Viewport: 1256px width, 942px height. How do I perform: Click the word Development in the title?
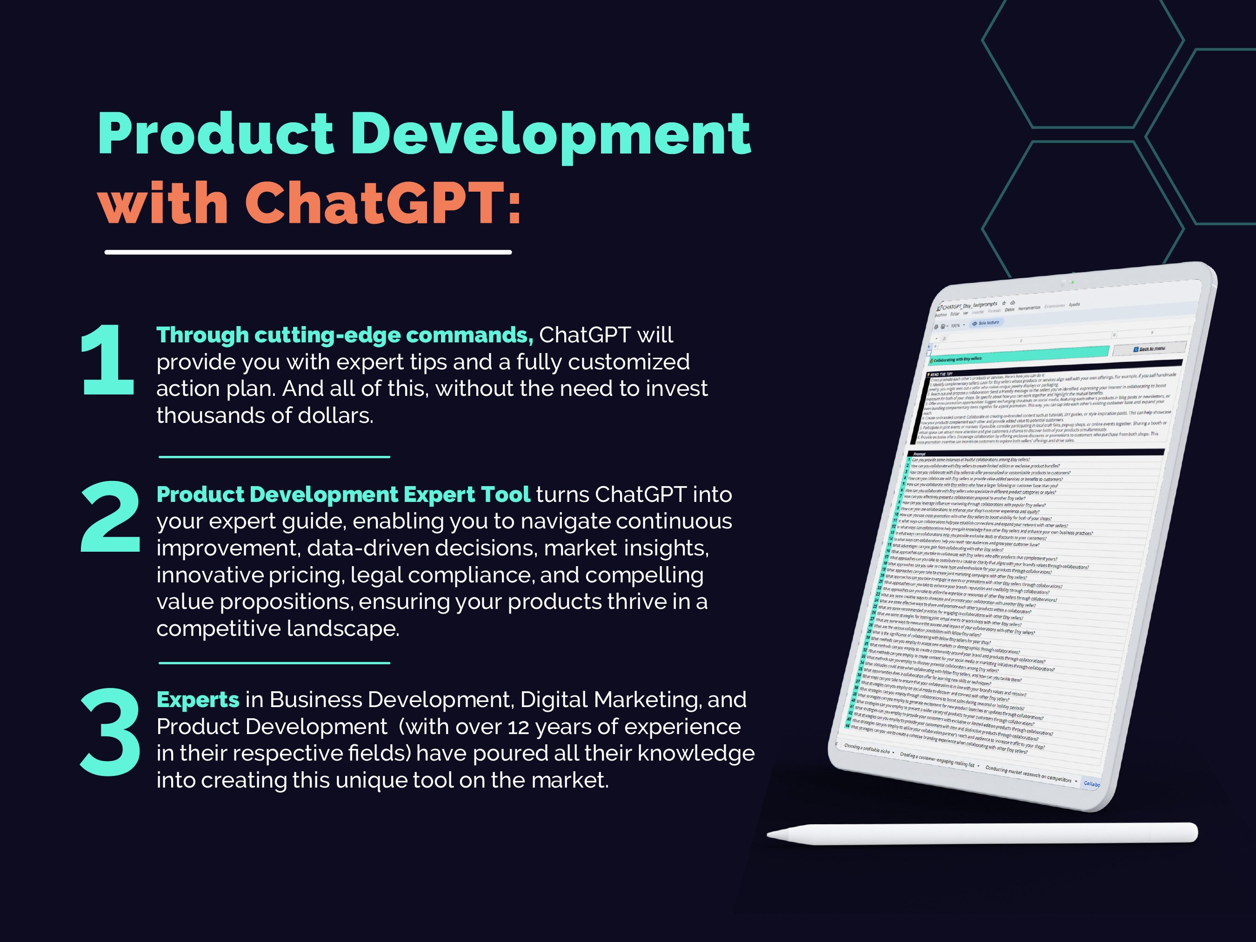click(x=550, y=135)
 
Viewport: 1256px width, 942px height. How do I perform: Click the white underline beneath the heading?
click(x=308, y=252)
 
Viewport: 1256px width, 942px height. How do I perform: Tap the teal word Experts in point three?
click(x=198, y=700)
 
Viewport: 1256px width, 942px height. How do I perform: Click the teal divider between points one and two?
click(x=274, y=456)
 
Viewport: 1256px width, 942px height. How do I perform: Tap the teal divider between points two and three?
click(x=274, y=662)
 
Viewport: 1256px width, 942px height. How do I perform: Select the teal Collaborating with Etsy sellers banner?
click(x=1016, y=355)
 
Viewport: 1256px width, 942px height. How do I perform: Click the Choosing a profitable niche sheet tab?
click(x=868, y=749)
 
